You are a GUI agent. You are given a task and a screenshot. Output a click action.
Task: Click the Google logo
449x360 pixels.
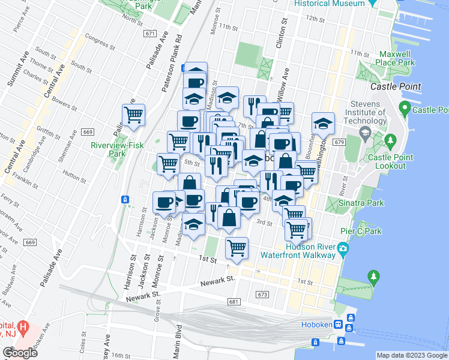(x=20, y=353)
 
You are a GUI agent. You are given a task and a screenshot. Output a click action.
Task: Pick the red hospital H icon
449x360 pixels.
(x=23, y=328)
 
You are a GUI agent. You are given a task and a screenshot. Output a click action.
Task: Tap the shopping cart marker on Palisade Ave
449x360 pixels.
(x=133, y=114)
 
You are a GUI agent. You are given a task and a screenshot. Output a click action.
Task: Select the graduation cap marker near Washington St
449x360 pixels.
(x=323, y=123)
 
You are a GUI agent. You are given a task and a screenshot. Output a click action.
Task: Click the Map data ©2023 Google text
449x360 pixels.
(x=411, y=355)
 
